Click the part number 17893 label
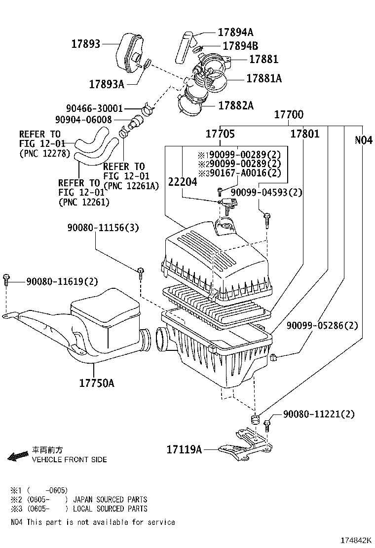[85, 44]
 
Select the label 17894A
[235, 33]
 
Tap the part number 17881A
[263, 78]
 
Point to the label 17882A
[236, 105]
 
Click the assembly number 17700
[289, 115]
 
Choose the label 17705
[220, 134]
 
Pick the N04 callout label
[363, 140]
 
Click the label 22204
[183, 182]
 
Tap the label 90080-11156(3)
[103, 228]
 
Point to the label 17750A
[97, 382]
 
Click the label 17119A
[185, 449]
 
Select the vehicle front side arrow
[18, 456]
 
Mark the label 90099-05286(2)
[322, 326]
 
